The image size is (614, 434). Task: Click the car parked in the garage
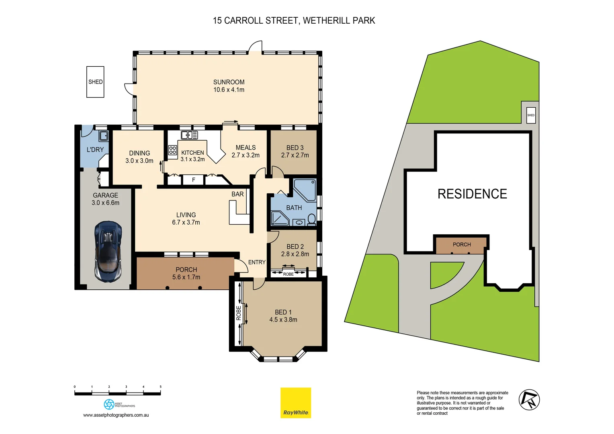coord(108,251)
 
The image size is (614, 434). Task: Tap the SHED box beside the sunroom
coord(95,82)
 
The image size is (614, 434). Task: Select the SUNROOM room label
coord(229,82)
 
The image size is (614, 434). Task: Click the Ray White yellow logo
coord(296,403)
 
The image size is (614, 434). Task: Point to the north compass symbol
coord(529,400)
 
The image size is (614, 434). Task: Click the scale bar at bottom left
coord(117,393)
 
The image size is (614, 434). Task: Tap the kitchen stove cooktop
coord(173,150)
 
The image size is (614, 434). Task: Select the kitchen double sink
coord(189,135)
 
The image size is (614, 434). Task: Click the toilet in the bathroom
coord(311,219)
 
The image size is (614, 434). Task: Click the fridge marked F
coord(193,180)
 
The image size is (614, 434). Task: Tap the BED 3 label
coord(295,147)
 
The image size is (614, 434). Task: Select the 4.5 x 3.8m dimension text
coord(283,320)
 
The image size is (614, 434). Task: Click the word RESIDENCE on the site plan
coord(472,194)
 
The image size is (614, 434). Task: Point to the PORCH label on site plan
coord(462,244)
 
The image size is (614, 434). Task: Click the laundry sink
coord(103,136)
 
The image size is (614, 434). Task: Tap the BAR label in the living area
coord(237,194)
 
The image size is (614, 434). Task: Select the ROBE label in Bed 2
coord(288,274)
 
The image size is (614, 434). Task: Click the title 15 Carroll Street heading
coord(294,20)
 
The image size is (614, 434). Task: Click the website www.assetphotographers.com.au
coord(116,415)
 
